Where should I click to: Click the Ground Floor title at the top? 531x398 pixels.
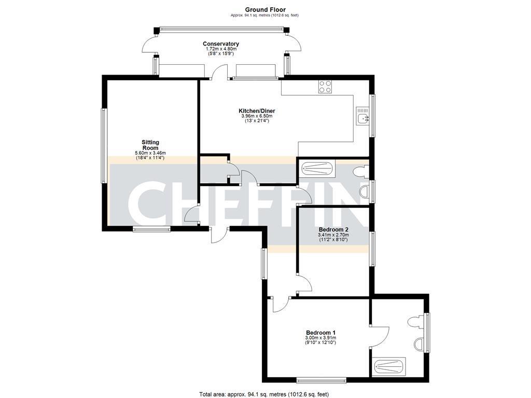click(x=265, y=9)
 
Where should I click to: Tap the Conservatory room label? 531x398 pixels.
click(x=221, y=44)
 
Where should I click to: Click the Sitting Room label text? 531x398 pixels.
click(x=150, y=145)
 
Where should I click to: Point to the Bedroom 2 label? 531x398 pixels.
click(x=333, y=229)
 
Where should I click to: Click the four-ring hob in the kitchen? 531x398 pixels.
click(x=326, y=87)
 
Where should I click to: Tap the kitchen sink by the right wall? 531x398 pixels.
click(x=362, y=118)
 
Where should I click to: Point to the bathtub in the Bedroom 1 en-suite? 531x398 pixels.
click(x=389, y=366)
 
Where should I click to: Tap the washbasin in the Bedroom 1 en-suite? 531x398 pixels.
click(x=420, y=343)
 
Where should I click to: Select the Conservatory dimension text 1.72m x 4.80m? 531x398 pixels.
click(x=221, y=49)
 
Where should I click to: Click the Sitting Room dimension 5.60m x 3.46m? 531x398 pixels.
click(x=150, y=153)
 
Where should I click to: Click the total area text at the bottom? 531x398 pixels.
click(x=264, y=394)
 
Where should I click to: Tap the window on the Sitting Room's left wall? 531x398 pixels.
click(x=104, y=145)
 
